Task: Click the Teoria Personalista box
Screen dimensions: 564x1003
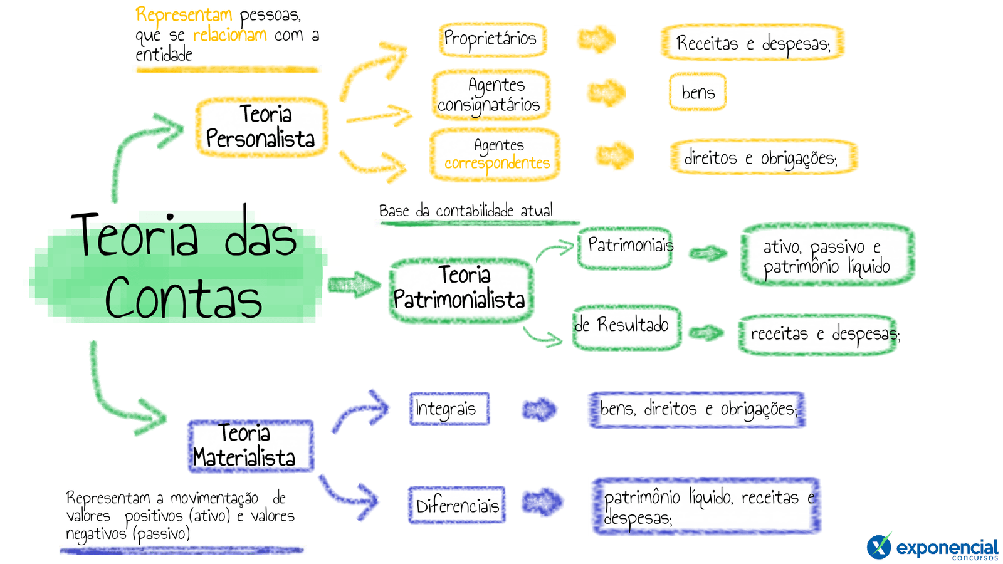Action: coord(261,127)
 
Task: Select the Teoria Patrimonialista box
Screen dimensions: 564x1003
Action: coord(461,289)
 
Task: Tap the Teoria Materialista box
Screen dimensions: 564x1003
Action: coord(250,446)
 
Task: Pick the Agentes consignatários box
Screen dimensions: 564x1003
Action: coord(490,95)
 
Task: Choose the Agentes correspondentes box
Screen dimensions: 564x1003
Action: coord(495,155)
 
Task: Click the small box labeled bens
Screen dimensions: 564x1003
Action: coord(697,93)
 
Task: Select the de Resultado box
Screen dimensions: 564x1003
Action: coord(626,326)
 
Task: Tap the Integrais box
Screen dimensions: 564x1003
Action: coord(449,409)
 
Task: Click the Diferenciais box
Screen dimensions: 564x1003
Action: coord(456,504)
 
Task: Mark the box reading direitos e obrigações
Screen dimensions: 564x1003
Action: coord(762,157)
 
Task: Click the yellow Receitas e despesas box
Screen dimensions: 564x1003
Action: coord(752,43)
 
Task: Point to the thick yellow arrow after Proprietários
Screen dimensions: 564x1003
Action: coord(596,39)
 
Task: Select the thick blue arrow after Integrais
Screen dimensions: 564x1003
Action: coord(540,410)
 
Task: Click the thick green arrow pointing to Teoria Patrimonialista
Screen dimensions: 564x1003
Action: coord(354,285)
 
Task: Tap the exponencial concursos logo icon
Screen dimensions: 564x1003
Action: coord(879,546)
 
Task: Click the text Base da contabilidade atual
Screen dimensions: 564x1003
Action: coord(466,211)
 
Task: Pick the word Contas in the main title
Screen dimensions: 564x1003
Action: coord(183,299)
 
